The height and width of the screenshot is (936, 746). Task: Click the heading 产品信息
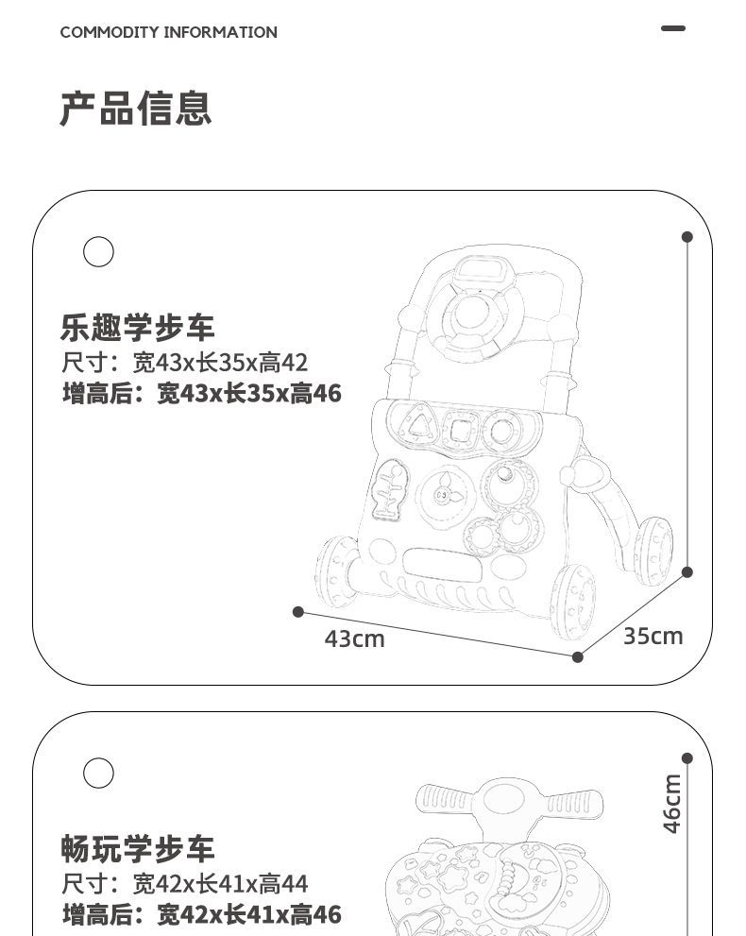(136, 109)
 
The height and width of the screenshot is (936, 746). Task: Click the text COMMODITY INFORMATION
(168, 32)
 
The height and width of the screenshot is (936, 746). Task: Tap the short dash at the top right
(673, 28)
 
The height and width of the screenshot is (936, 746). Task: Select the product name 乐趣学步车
(138, 328)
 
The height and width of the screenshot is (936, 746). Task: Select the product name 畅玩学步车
(138, 849)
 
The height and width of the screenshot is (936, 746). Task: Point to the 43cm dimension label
(354, 639)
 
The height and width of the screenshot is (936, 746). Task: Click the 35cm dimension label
(653, 636)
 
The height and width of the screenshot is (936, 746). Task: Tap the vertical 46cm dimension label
(671, 804)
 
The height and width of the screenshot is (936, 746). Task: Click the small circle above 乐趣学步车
(98, 252)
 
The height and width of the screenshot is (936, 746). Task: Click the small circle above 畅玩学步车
(98, 773)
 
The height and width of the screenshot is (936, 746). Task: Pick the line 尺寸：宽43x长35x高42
(185, 363)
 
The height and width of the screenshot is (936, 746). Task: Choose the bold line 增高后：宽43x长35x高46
(201, 393)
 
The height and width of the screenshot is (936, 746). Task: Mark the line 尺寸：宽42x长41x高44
(185, 884)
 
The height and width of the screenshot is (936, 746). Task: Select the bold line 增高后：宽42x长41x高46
(201, 914)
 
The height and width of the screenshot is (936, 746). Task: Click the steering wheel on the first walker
(471, 316)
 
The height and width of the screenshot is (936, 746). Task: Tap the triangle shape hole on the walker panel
(416, 426)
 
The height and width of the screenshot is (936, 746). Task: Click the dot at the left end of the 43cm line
(298, 612)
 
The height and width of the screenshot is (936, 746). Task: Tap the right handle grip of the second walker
(572, 803)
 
